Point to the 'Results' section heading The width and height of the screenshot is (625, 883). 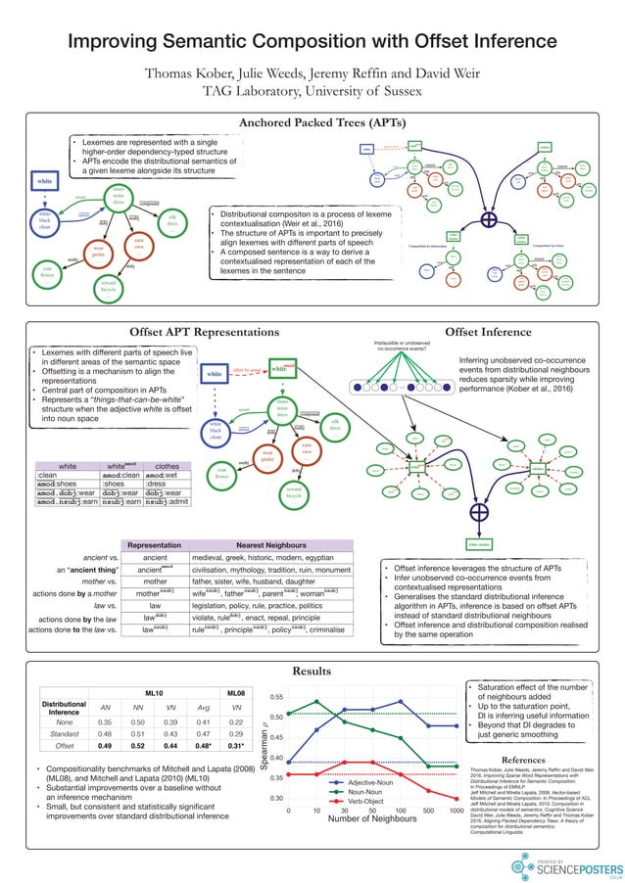pyautogui.click(x=312, y=672)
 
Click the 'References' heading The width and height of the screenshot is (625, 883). pyautogui.click(x=529, y=759)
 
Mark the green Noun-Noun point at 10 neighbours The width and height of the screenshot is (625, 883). pyautogui.click(x=316, y=701)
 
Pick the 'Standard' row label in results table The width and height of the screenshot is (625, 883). pyautogui.click(x=64, y=732)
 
